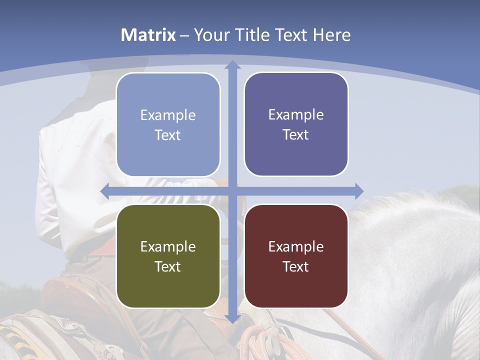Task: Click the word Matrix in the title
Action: (x=148, y=35)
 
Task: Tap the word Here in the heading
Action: (x=332, y=35)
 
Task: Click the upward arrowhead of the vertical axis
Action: (x=232, y=65)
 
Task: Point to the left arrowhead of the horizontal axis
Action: (x=105, y=191)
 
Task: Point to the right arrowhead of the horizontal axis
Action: (x=358, y=191)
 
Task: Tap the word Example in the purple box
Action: (x=296, y=115)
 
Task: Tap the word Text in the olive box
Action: (x=168, y=266)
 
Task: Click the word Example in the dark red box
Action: (x=296, y=246)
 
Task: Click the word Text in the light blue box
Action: (x=168, y=135)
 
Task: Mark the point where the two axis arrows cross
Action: (x=232, y=191)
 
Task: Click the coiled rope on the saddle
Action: (x=255, y=340)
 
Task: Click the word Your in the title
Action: (x=209, y=35)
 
